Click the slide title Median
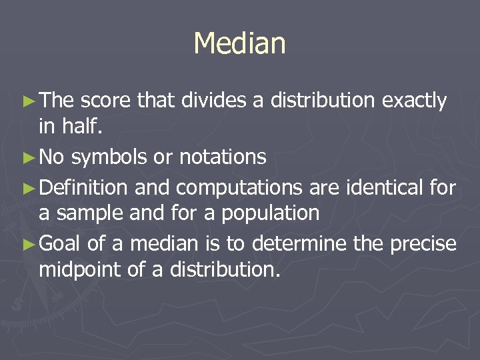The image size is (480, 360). [239, 44]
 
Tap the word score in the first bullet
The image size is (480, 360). [105, 101]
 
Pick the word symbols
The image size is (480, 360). [109, 158]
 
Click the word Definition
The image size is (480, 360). [83, 187]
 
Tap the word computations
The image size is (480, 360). [219, 189]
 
